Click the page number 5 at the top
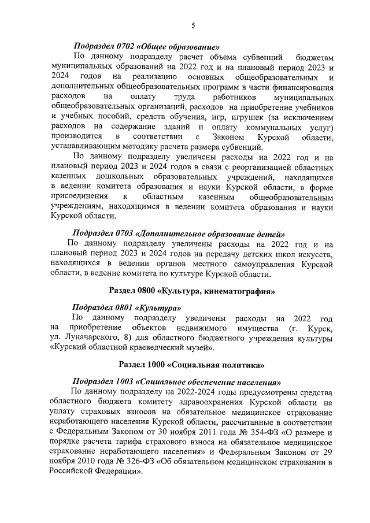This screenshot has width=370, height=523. tap(193, 25)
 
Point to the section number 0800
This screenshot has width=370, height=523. tap(145, 289)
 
